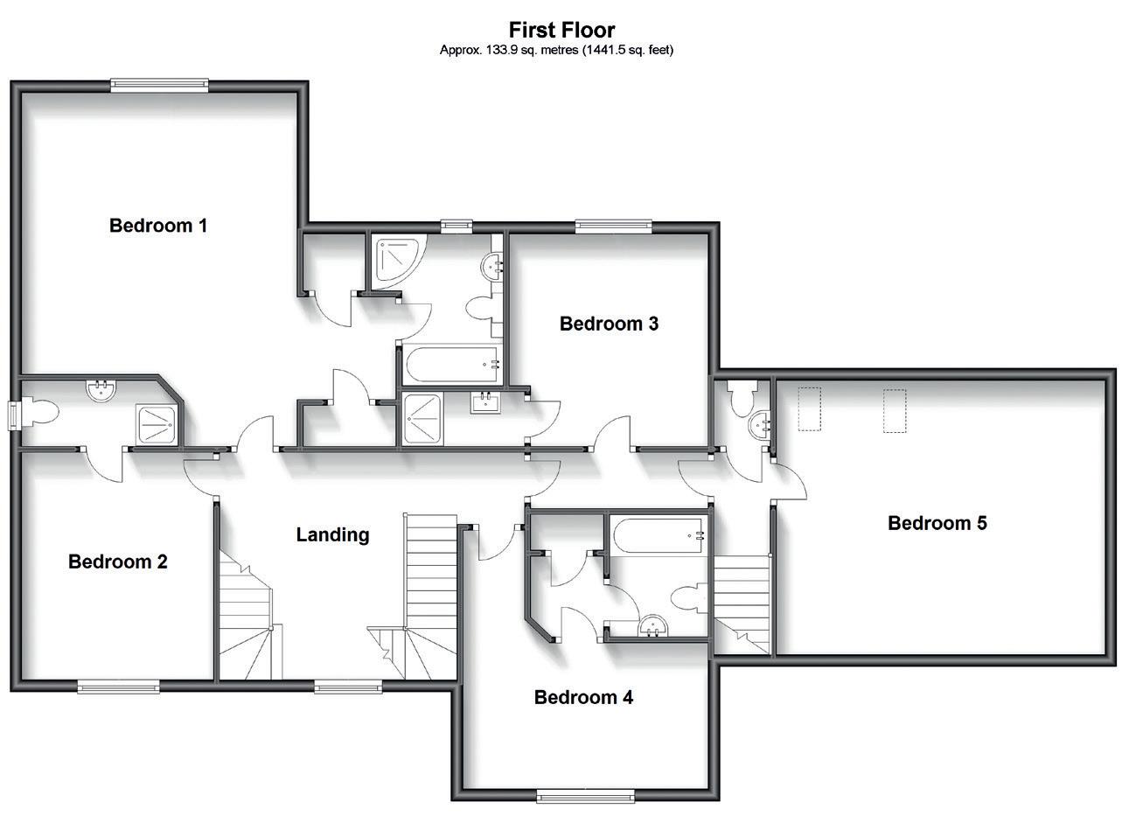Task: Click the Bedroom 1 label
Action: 158,226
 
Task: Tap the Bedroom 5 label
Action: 937,523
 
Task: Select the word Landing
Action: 332,534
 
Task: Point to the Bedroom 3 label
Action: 609,324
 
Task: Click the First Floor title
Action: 562,31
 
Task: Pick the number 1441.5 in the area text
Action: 596,50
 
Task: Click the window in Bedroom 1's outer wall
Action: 159,85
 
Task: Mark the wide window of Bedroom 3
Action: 613,227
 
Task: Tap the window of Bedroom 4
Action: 585,795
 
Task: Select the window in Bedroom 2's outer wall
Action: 119,687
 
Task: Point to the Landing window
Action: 348,687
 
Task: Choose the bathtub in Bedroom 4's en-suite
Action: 659,535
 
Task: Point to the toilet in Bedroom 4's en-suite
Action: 688,598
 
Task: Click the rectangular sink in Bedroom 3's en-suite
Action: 484,403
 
